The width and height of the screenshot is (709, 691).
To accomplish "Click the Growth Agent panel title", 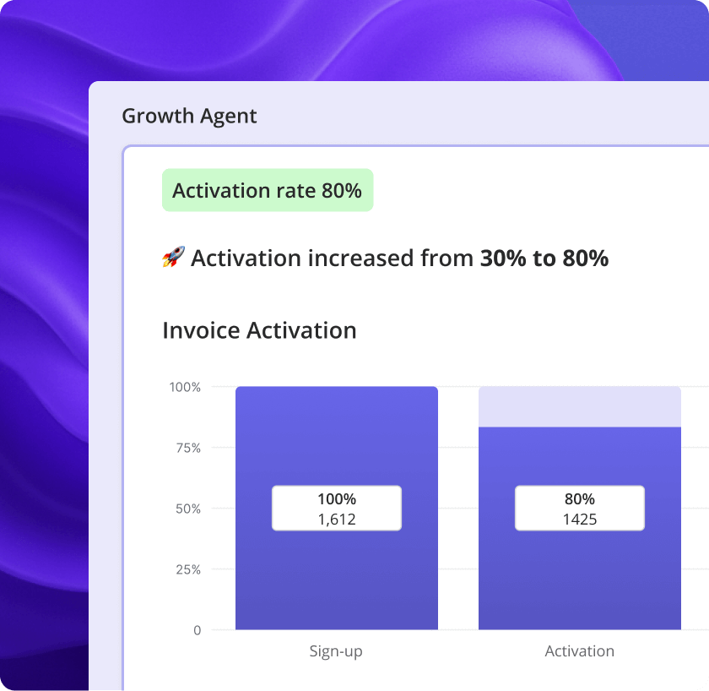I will [189, 116].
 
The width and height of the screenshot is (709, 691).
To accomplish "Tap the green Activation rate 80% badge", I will [267, 191].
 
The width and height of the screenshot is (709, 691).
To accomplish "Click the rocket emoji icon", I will [173, 258].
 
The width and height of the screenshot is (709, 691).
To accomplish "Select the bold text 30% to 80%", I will [544, 258].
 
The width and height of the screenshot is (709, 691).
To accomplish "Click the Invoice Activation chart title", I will [259, 330].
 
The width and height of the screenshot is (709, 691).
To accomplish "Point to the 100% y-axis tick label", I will [186, 387].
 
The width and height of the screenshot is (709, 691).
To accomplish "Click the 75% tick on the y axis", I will [188, 448].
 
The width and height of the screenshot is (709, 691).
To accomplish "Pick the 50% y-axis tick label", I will [188, 509].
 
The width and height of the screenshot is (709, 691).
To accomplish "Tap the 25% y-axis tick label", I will [188, 569].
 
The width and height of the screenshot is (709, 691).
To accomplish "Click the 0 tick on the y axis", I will [197, 630].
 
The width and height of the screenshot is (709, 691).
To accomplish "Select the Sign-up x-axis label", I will [336, 651].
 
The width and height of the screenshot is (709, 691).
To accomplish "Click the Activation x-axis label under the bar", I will [579, 651].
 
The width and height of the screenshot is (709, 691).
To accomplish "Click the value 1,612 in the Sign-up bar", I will [336, 520].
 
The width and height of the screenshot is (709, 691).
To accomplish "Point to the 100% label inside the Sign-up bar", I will [336, 499].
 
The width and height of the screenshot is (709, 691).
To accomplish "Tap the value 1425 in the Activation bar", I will [579, 520].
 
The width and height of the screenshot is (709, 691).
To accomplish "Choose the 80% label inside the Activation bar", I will [579, 499].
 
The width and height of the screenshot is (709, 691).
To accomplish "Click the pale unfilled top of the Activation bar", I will [579, 406].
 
